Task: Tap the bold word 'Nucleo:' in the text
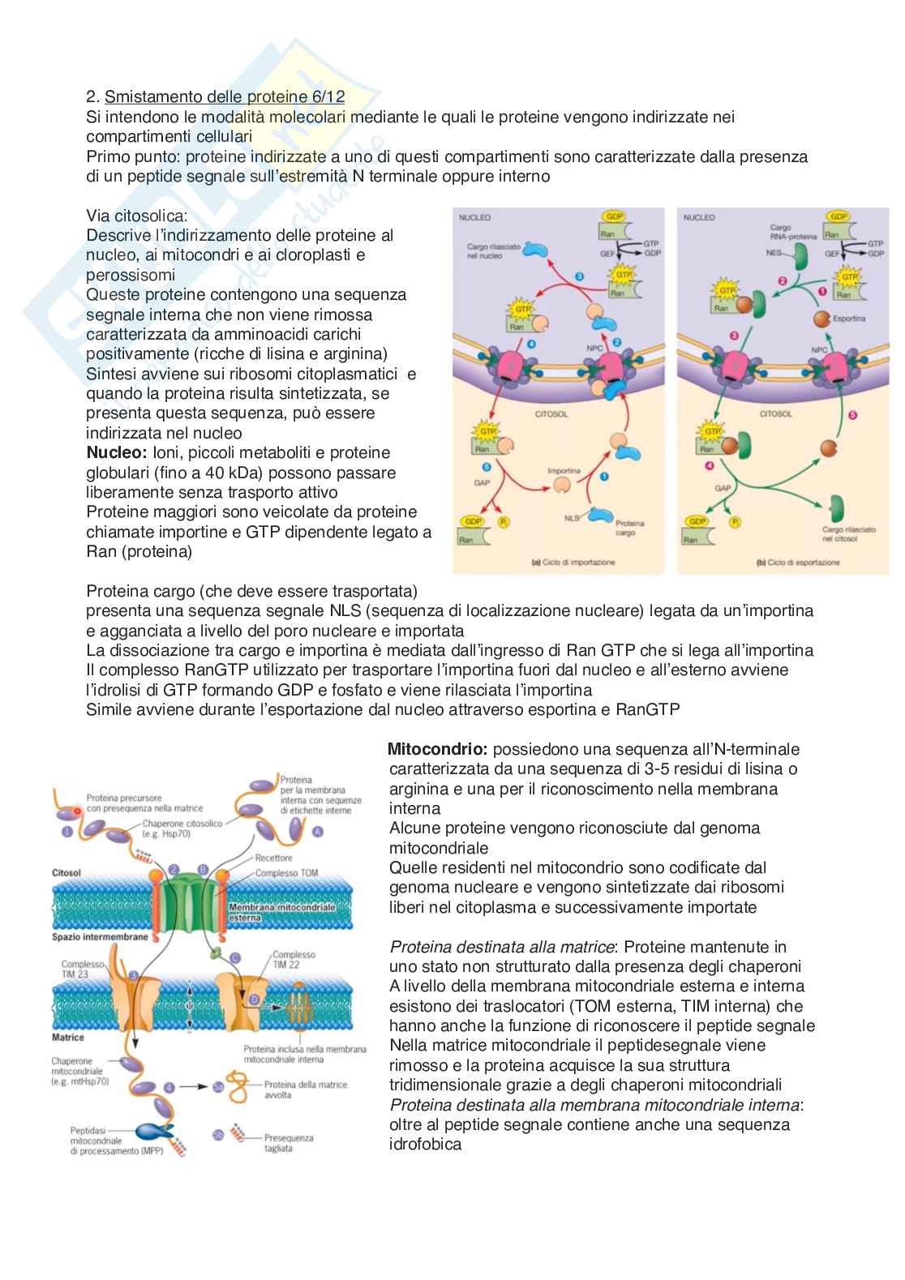(x=116, y=452)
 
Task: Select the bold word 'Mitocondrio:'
(x=438, y=749)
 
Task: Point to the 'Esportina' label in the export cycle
(x=849, y=319)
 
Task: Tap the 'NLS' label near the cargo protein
(x=573, y=516)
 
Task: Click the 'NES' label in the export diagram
(x=774, y=253)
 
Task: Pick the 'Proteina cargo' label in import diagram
(x=629, y=528)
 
